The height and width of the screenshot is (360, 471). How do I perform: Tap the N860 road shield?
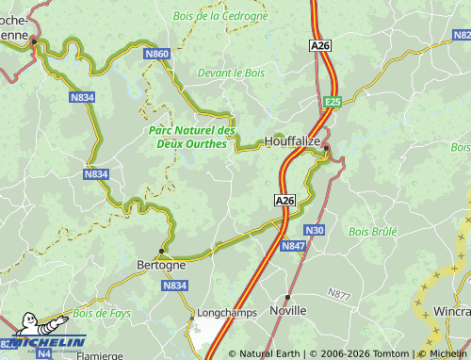157,55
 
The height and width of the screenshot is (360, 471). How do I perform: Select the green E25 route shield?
332,101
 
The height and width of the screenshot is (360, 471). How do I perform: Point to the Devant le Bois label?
231,73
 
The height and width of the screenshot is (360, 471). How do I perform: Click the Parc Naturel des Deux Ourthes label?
192,137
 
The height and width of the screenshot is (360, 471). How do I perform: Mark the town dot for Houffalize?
326,148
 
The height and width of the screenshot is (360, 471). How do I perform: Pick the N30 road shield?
315,230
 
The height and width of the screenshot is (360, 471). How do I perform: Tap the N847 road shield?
293,246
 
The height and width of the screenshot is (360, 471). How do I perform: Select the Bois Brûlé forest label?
372,231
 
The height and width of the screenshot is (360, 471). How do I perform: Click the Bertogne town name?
161,265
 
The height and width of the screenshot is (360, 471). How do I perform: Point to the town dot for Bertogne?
162,251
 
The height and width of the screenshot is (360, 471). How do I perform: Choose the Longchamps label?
227,313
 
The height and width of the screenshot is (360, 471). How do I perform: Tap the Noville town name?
287,309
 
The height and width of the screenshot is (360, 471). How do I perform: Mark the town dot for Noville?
287,296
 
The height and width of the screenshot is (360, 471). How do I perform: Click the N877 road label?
340,295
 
